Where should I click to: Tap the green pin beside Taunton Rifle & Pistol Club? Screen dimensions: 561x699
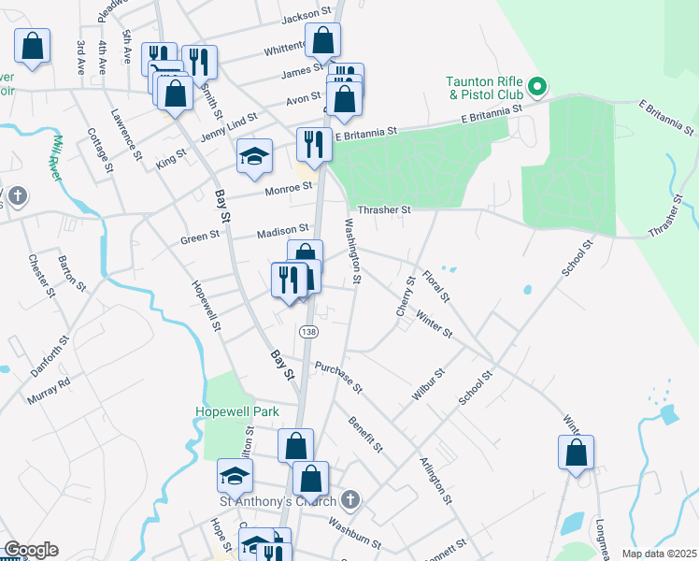pos(537,88)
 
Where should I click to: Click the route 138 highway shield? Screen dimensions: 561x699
pos(307,332)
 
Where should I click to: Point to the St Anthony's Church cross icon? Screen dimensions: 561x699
pos(350,500)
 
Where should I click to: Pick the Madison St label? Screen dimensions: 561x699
pos(283,229)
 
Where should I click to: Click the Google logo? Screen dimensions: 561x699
pos(31,550)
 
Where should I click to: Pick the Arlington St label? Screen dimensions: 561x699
pos(435,480)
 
